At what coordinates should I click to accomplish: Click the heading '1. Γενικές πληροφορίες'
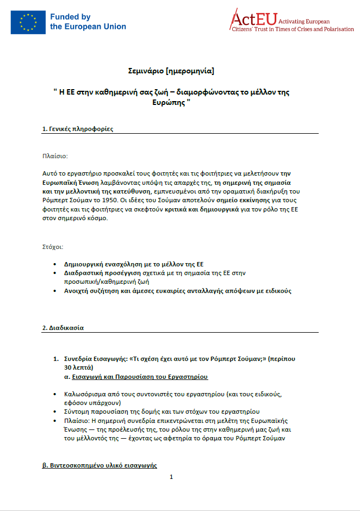click(78, 129)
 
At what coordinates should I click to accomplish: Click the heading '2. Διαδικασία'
click(63, 328)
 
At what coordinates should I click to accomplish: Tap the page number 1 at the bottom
click(171, 477)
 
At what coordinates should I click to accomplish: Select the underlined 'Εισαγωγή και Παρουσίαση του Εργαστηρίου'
click(140, 376)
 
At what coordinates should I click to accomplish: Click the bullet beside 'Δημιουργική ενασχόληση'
click(55, 264)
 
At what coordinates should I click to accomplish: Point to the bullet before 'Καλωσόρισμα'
click(55, 394)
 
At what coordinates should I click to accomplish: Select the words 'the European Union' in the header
click(88, 26)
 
